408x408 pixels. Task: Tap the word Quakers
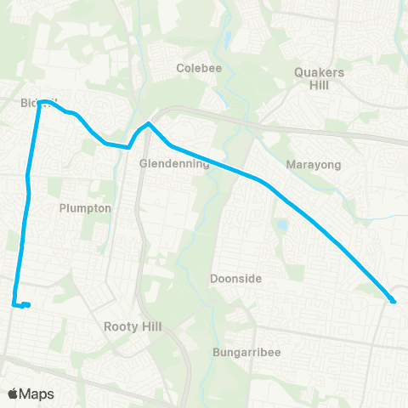pyautogui.click(x=319, y=72)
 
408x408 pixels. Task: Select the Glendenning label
pyautogui.click(x=173, y=163)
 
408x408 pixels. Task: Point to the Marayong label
pyautogui.click(x=313, y=163)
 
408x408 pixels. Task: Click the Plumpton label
pyautogui.click(x=85, y=208)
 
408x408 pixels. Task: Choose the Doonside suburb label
pyautogui.click(x=235, y=279)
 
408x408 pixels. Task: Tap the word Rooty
pyautogui.click(x=119, y=326)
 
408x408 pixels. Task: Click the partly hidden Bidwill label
pyautogui.click(x=32, y=103)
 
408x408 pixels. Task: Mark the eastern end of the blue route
pyautogui.click(x=394, y=301)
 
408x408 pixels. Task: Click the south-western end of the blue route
pyautogui.click(x=14, y=304)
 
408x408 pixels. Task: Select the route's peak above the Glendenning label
pyautogui.click(x=149, y=124)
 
